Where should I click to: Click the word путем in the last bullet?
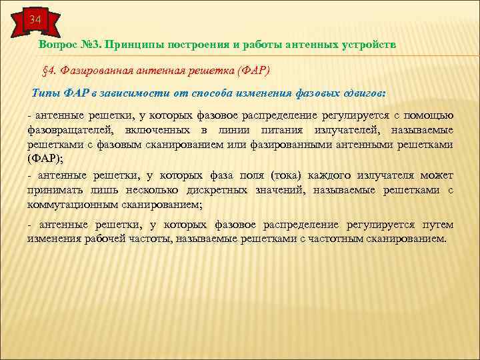437,225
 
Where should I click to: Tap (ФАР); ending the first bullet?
45,159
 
